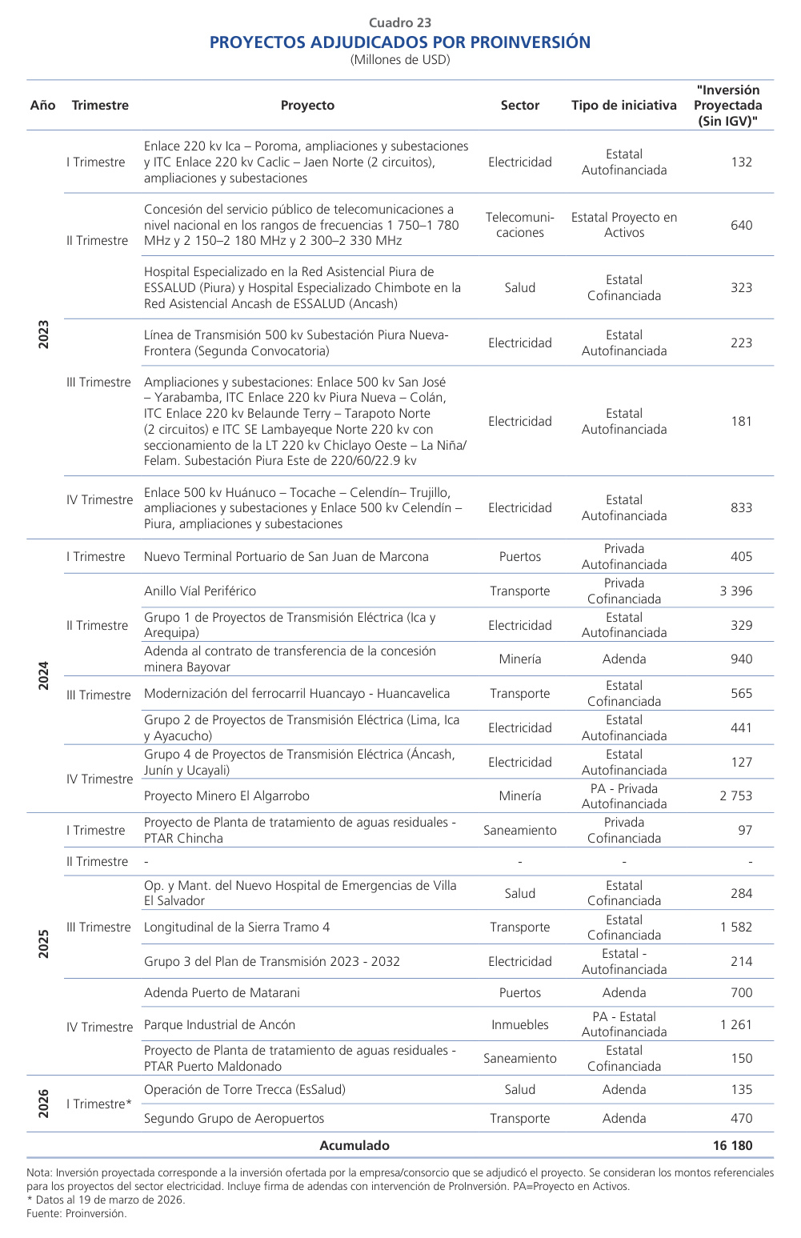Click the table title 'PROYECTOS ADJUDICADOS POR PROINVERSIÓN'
point(400,42)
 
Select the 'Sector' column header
point(519,106)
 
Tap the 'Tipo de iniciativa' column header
point(623,106)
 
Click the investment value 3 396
point(735,591)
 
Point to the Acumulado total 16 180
point(732,1145)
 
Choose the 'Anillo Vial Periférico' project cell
point(200,591)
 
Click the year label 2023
point(44,335)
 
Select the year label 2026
point(44,1104)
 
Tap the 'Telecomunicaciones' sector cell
point(519,225)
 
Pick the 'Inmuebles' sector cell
point(519,1024)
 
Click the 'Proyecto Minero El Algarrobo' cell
point(226,796)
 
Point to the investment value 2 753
point(735,796)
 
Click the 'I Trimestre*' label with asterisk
point(99,1104)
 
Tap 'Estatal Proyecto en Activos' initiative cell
point(623,225)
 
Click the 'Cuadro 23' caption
point(400,22)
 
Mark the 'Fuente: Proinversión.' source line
point(76,1213)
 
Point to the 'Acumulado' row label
point(354,1145)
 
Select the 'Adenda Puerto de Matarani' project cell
point(222,993)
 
